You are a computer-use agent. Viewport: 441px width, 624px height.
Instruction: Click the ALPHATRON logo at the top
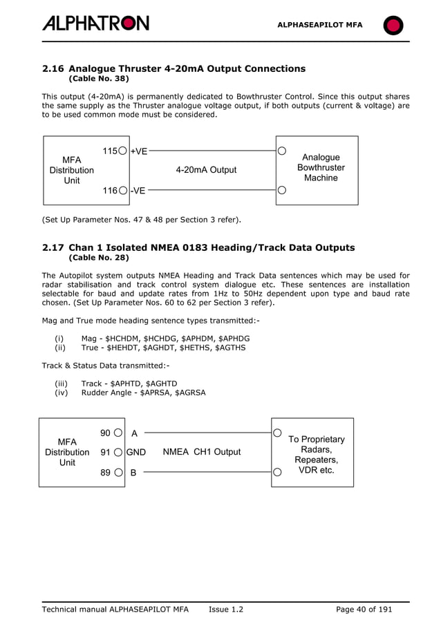[x=95, y=23]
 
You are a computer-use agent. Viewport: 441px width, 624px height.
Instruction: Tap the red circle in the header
[x=393, y=26]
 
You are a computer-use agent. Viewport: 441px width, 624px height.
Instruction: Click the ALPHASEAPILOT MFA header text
[x=319, y=25]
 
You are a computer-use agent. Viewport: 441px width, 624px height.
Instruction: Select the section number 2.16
[x=53, y=68]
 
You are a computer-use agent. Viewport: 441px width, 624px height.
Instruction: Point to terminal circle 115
[x=122, y=151]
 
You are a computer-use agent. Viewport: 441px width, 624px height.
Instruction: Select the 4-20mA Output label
[x=206, y=170]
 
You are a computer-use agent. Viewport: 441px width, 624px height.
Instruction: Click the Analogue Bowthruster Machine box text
[x=321, y=168]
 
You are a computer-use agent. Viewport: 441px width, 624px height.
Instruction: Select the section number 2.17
[x=53, y=247]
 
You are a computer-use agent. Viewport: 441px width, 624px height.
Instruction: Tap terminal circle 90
[x=119, y=433]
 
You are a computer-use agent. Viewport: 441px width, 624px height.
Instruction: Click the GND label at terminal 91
[x=135, y=452]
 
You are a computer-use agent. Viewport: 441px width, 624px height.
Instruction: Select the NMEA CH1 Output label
[x=202, y=452]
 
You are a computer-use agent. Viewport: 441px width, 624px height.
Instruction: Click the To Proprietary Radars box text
[x=316, y=455]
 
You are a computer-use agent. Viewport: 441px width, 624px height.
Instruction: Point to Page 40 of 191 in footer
[x=364, y=609]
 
